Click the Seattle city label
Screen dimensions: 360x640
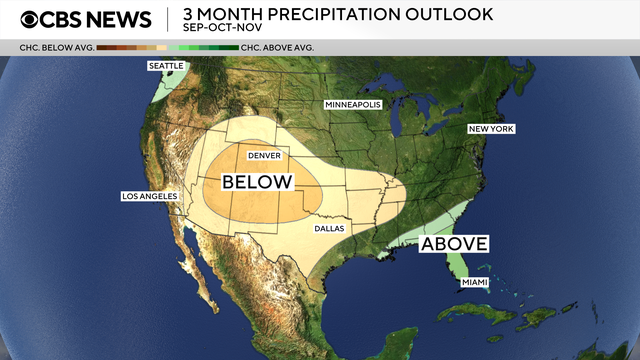pyautogui.click(x=167, y=66)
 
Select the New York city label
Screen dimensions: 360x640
pyautogui.click(x=491, y=129)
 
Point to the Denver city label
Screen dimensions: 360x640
pyautogui.click(x=264, y=156)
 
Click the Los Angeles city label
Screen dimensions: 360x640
pyautogui.click(x=148, y=196)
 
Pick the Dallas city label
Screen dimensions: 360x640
pyautogui.click(x=328, y=229)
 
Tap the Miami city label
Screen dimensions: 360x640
pyautogui.click(x=475, y=283)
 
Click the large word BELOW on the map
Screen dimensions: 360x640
pyautogui.click(x=257, y=182)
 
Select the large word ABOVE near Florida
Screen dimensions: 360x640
pyautogui.click(x=454, y=244)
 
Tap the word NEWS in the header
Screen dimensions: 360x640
pyautogui.click(x=117, y=19)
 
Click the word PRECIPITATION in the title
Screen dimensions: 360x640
pyautogui.click(x=327, y=14)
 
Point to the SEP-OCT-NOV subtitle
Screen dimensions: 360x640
pyautogui.click(x=216, y=30)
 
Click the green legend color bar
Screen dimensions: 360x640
pyautogui.click(x=208, y=47)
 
